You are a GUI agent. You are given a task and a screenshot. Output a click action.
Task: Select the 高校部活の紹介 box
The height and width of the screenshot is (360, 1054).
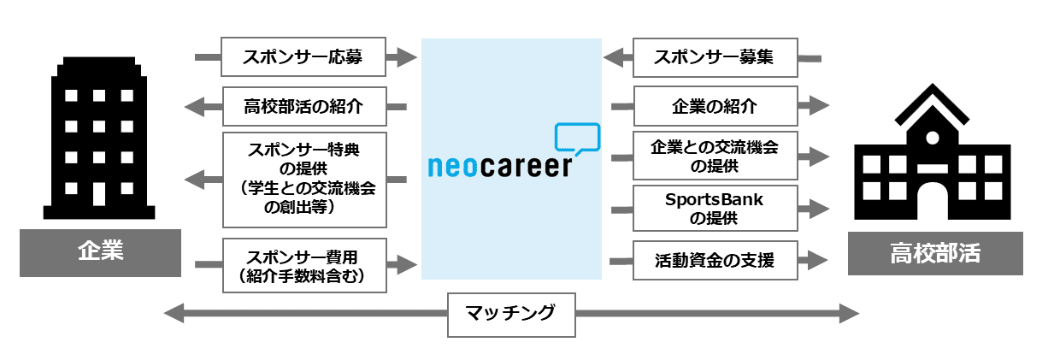(x=303, y=107)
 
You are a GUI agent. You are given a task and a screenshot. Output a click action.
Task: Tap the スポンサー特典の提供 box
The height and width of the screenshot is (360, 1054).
(x=303, y=179)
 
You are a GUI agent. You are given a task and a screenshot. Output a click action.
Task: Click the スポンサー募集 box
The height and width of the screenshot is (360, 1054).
(x=715, y=58)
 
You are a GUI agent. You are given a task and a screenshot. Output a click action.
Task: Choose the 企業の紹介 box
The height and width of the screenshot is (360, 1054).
(x=715, y=107)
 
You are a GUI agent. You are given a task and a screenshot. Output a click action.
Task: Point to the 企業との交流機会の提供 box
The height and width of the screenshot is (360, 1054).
(x=715, y=156)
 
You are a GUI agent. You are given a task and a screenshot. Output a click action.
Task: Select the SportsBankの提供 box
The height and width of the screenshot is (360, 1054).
(x=715, y=208)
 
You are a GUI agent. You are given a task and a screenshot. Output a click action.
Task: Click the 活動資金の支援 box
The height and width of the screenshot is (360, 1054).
(x=715, y=260)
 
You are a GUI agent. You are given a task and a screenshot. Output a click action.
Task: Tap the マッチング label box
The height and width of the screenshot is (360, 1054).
(x=511, y=313)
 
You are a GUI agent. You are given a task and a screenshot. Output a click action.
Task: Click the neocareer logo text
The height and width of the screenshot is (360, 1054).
(x=499, y=165)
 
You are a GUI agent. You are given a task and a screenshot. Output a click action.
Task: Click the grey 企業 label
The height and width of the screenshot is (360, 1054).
(x=100, y=252)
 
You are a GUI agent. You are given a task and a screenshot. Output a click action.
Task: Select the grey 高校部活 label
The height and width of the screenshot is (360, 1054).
(x=935, y=252)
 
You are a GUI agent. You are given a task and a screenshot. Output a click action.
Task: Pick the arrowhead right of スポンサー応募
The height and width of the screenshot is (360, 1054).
(x=405, y=58)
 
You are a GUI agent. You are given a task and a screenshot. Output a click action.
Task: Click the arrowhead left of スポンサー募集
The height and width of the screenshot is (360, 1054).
(x=613, y=58)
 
